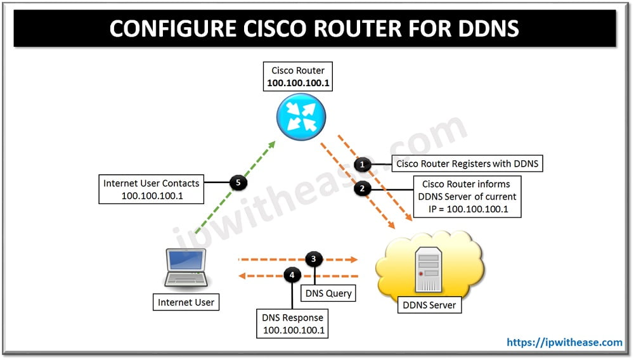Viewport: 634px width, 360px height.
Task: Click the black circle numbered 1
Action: pos(362,165)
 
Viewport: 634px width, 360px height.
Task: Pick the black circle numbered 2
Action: pos(362,189)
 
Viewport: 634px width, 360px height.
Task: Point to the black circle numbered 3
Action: pos(314,259)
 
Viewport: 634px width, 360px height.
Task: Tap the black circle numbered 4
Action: pos(292,275)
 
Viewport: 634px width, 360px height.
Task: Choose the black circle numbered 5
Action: pos(238,183)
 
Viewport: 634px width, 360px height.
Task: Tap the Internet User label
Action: pos(186,302)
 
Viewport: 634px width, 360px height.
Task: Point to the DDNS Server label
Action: pos(429,305)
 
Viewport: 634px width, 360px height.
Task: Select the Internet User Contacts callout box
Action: pos(151,190)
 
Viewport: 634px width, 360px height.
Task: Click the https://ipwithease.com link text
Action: pos(564,342)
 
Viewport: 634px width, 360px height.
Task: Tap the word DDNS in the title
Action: pos(486,29)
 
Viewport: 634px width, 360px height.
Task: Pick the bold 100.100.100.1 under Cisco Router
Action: pos(297,83)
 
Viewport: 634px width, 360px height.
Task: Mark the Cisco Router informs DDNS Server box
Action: pos(467,196)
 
